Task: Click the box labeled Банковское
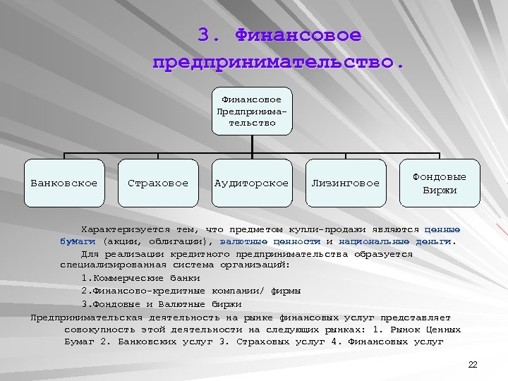pyautogui.click(x=64, y=183)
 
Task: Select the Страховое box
pyautogui.click(x=158, y=183)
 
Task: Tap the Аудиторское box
pyautogui.click(x=252, y=183)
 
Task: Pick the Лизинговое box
pyautogui.click(x=345, y=183)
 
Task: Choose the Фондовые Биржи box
pyautogui.click(x=440, y=183)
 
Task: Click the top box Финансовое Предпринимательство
pyautogui.click(x=252, y=111)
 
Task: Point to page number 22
pyautogui.click(x=473, y=364)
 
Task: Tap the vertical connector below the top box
pyautogui.click(x=252, y=144)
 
